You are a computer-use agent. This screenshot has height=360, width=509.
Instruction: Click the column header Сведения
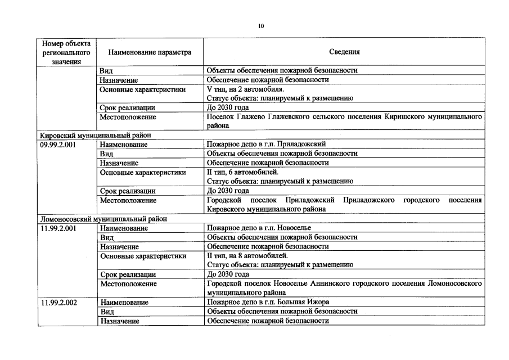pyautogui.click(x=344, y=52)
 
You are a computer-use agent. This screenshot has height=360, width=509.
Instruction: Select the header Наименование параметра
pyautogui.click(x=150, y=52)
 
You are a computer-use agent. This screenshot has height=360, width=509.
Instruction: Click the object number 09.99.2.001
pyautogui.click(x=58, y=145)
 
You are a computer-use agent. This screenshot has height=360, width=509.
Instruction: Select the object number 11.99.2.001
pyautogui.click(x=58, y=228)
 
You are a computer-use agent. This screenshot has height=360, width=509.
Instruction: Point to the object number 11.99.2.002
pyautogui.click(x=58, y=302)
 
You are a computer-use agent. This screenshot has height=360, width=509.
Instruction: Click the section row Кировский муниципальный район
pyautogui.click(x=95, y=136)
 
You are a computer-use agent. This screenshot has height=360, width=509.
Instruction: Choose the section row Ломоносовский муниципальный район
pyautogui.click(x=103, y=219)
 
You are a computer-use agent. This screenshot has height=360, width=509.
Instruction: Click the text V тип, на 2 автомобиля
pyautogui.click(x=245, y=89)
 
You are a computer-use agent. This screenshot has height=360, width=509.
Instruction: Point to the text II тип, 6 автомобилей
pyautogui.click(x=242, y=172)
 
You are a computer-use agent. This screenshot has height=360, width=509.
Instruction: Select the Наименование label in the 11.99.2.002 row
pyautogui.click(x=124, y=302)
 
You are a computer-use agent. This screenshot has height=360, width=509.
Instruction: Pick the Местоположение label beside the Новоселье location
pyautogui.click(x=128, y=283)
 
